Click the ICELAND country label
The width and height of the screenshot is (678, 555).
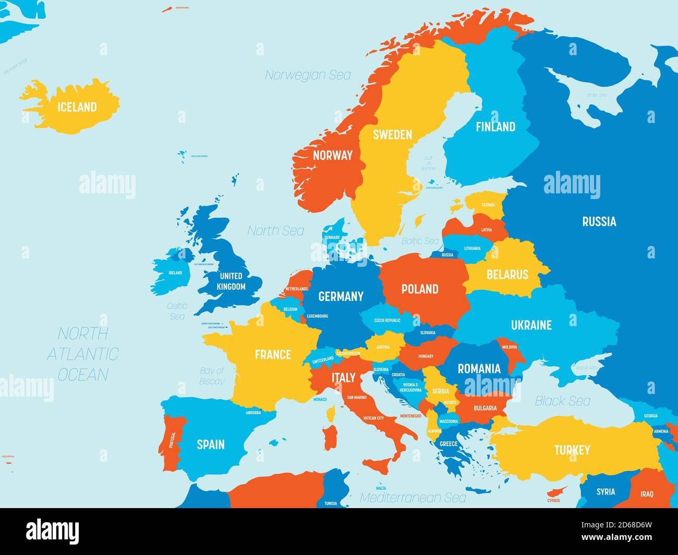[77, 107]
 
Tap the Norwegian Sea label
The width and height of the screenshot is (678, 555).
[308, 75]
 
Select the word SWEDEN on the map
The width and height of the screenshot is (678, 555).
[392, 135]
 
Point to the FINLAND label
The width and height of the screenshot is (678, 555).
[495, 127]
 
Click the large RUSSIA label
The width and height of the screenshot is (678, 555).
[599, 221]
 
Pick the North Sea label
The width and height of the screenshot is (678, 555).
[275, 230]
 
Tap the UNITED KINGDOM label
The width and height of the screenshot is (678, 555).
[231, 281]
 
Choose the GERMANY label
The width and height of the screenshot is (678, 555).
[341, 297]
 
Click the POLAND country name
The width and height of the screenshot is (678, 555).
[419, 289]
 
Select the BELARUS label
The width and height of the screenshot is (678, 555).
[507, 275]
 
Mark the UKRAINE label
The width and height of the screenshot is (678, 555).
[531, 325]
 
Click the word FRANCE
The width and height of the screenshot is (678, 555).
[273, 355]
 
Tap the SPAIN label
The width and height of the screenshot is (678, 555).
[211, 445]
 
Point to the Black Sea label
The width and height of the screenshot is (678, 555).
[563, 401]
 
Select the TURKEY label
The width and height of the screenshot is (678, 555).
[572, 450]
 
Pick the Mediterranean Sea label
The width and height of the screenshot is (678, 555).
[413, 498]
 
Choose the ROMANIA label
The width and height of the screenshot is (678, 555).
[479, 369]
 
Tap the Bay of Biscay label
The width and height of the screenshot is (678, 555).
[212, 376]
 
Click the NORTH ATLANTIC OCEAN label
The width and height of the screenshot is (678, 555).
[83, 354]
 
